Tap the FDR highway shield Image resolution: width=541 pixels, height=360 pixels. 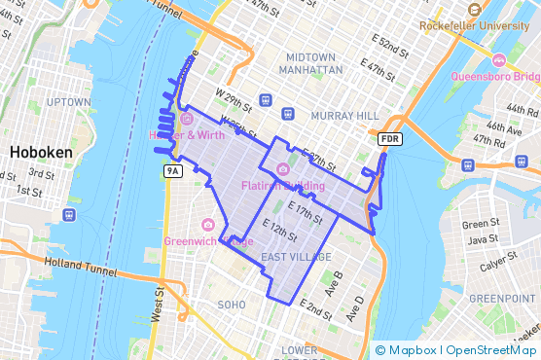[390, 140]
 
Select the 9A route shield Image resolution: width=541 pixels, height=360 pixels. [173, 171]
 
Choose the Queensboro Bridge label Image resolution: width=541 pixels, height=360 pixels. [494, 75]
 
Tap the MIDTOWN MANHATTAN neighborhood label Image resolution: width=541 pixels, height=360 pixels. [310, 64]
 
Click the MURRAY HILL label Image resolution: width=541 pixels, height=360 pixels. [343, 116]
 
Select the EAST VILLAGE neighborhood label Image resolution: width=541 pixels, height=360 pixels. [297, 256]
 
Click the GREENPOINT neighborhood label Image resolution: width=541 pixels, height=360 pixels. [502, 298]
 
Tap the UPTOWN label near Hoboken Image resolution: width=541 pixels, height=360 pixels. [68, 101]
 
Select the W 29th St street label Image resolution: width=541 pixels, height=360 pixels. [233, 100]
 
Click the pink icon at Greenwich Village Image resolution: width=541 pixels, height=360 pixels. [207, 226]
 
